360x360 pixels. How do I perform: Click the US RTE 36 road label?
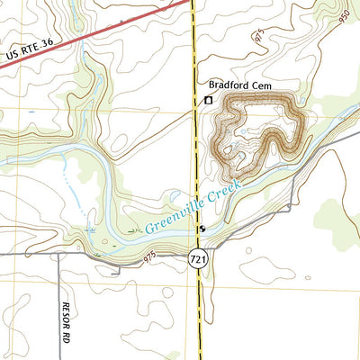coord(30,53)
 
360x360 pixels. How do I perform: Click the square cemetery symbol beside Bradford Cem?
coord(209,100)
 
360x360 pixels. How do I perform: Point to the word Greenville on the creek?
coord(172,215)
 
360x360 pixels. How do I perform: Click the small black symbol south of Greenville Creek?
coord(203,229)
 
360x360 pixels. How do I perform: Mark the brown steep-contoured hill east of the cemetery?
coord(261,135)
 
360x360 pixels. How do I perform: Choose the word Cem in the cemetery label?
coord(262,86)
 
